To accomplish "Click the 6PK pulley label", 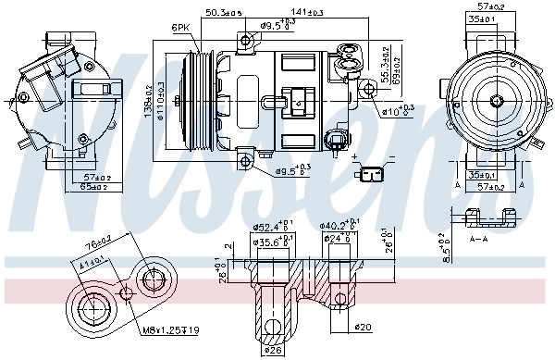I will (x=180, y=29).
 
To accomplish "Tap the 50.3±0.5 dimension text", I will (x=223, y=12).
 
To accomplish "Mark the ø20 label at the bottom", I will (x=364, y=328).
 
